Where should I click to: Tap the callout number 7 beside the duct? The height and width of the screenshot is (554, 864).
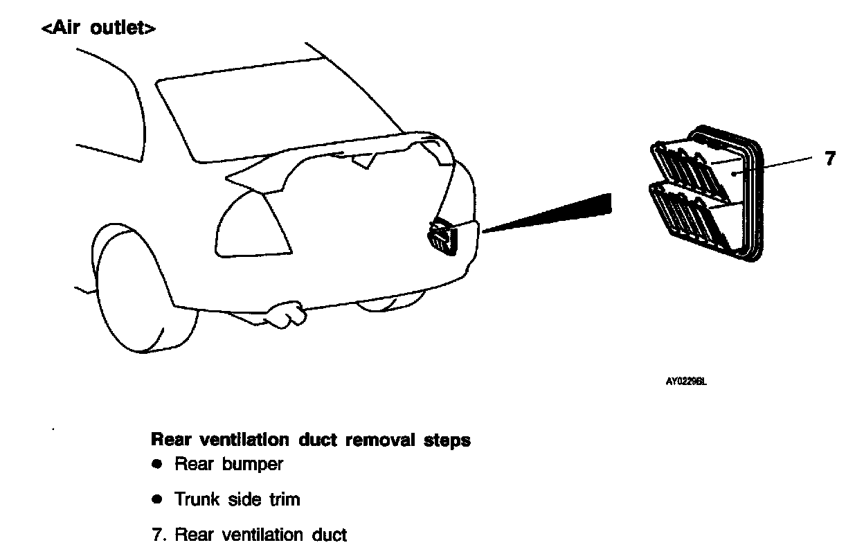830,159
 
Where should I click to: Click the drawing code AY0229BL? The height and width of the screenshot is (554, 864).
686,380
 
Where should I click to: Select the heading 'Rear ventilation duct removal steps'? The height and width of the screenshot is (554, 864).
310,440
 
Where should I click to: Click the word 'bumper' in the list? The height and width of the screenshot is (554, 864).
253,465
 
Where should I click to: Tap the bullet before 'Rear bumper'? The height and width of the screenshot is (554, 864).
157,463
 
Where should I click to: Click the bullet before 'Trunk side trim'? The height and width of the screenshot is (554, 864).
157,499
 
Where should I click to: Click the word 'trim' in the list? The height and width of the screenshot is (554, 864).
285,499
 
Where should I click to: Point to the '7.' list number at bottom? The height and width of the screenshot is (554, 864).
159,535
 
